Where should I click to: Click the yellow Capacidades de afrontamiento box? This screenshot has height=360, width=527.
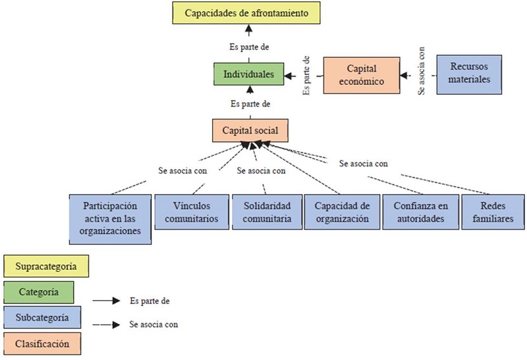tap(247, 13)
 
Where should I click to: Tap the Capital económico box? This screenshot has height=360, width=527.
tap(362, 76)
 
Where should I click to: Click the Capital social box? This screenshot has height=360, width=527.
tap(250, 130)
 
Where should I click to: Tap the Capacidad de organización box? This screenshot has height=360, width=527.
tap(341, 211)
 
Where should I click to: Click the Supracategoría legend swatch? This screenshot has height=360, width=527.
tap(45, 267)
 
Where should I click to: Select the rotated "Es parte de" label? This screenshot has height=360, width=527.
tap(307, 76)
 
